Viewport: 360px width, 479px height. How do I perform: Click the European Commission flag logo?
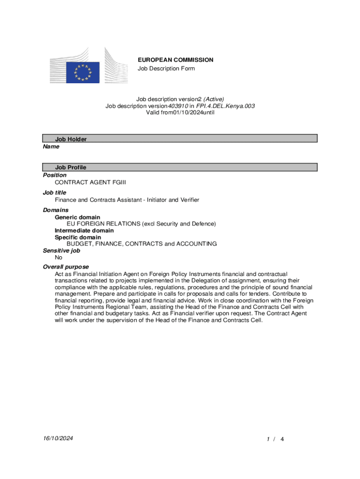click(x=83, y=73)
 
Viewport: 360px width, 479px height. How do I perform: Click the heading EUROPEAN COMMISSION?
click(x=175, y=60)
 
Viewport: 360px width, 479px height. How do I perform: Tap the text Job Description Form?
click(x=166, y=69)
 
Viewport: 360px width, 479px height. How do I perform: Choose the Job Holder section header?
click(x=71, y=139)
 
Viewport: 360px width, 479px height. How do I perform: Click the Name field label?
click(x=51, y=146)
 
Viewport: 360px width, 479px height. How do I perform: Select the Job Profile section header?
click(x=71, y=167)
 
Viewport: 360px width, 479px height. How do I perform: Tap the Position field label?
click(x=55, y=175)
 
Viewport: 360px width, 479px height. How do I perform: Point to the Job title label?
click(x=55, y=192)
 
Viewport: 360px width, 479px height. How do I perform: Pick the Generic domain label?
click(x=77, y=218)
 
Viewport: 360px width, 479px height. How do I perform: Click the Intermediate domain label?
click(x=84, y=231)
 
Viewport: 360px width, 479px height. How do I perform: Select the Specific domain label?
click(x=78, y=237)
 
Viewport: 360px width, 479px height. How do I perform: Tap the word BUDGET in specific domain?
click(x=80, y=244)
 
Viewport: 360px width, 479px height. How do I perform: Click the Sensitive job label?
click(x=61, y=251)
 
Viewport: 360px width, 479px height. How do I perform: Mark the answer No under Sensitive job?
click(x=58, y=257)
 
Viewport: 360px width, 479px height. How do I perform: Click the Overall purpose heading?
click(x=65, y=267)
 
